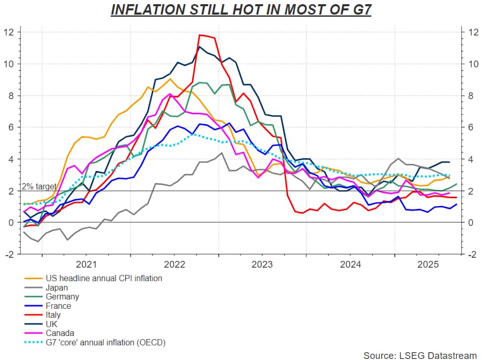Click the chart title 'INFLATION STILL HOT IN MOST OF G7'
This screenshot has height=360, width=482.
pyautogui.click(x=241, y=10)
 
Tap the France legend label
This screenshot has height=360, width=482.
pyautogui.click(x=58, y=306)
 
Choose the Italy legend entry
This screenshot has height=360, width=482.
pyautogui.click(x=53, y=315)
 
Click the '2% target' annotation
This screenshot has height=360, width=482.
pyautogui.click(x=39, y=186)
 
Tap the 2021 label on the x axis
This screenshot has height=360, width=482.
pyautogui.click(x=86, y=263)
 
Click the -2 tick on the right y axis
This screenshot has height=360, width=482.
pyautogui.click(x=471, y=254)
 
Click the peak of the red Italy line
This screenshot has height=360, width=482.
pyautogui.click(x=201, y=35)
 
